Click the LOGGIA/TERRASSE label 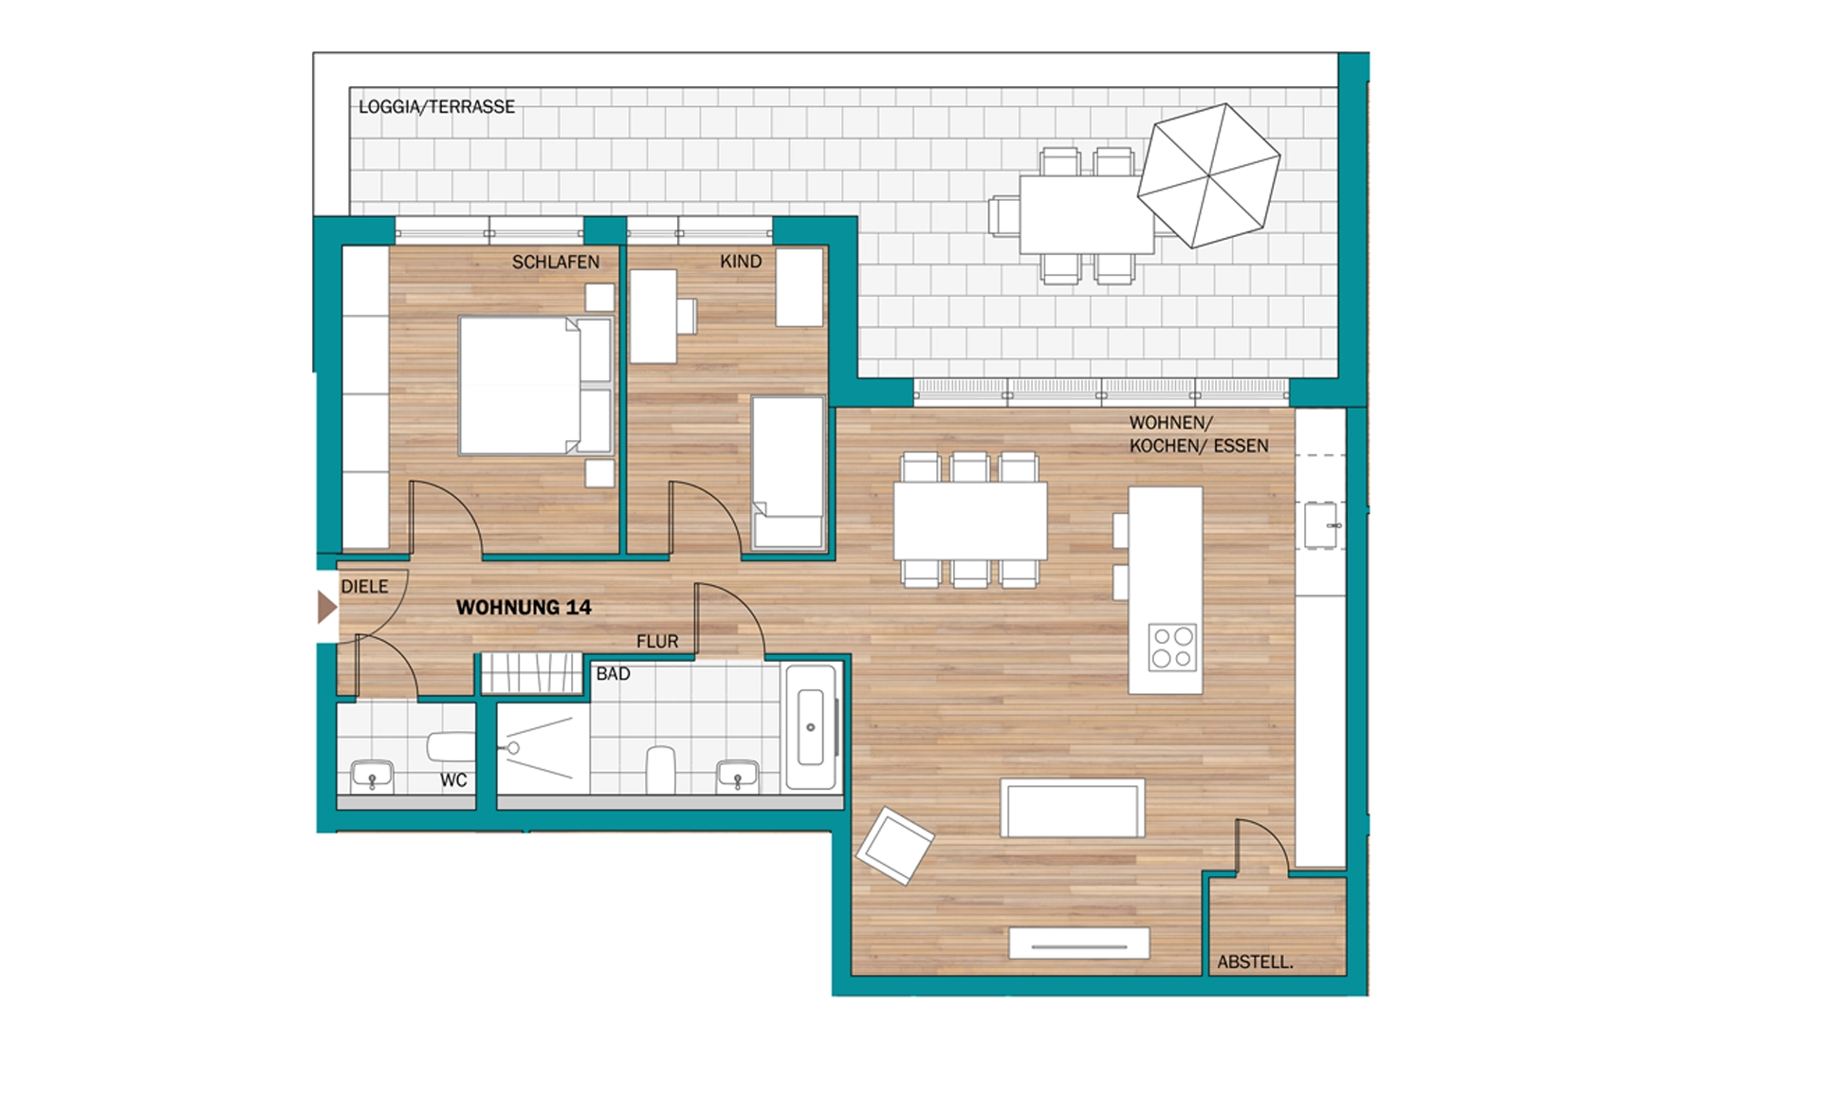[436, 107]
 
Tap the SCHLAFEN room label [556, 262]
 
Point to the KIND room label [741, 262]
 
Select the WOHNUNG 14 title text [524, 608]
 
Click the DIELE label [365, 587]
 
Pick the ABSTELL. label [1255, 962]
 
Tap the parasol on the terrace [1209, 175]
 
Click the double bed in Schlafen [536, 386]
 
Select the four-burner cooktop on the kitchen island [1172, 648]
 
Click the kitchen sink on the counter [1321, 525]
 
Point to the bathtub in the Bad [811, 727]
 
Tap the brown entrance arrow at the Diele [327, 607]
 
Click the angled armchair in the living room [894, 845]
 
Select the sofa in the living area [1073, 809]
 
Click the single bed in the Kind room [788, 473]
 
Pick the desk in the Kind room [653, 317]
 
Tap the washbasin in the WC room [373, 776]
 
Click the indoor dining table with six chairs [970, 521]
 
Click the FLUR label [657, 642]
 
